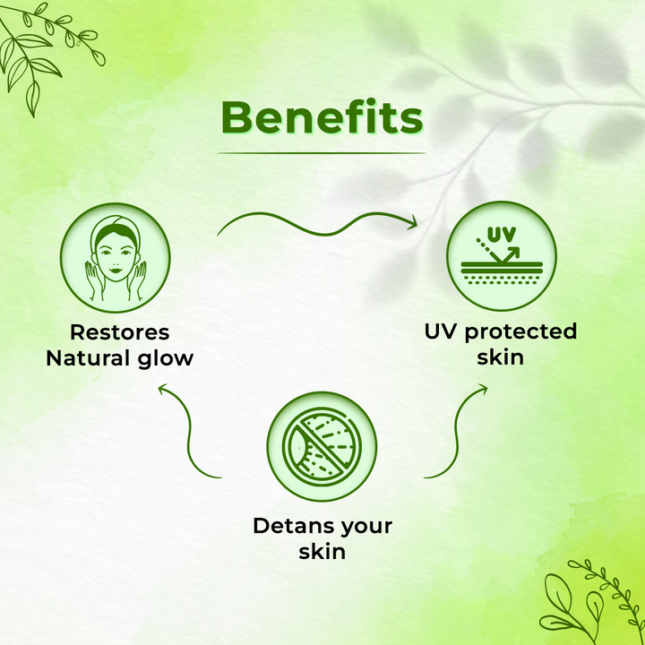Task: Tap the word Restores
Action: click(120, 332)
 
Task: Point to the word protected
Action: click(520, 332)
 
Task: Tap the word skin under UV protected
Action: click(500, 357)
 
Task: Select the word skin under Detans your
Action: click(322, 552)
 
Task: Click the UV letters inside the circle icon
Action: click(502, 235)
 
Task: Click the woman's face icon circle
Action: click(116, 257)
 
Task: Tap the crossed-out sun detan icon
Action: click(322, 446)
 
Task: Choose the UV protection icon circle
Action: click(502, 256)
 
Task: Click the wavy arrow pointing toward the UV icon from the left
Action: click(325, 235)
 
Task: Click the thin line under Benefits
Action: click(322, 153)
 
